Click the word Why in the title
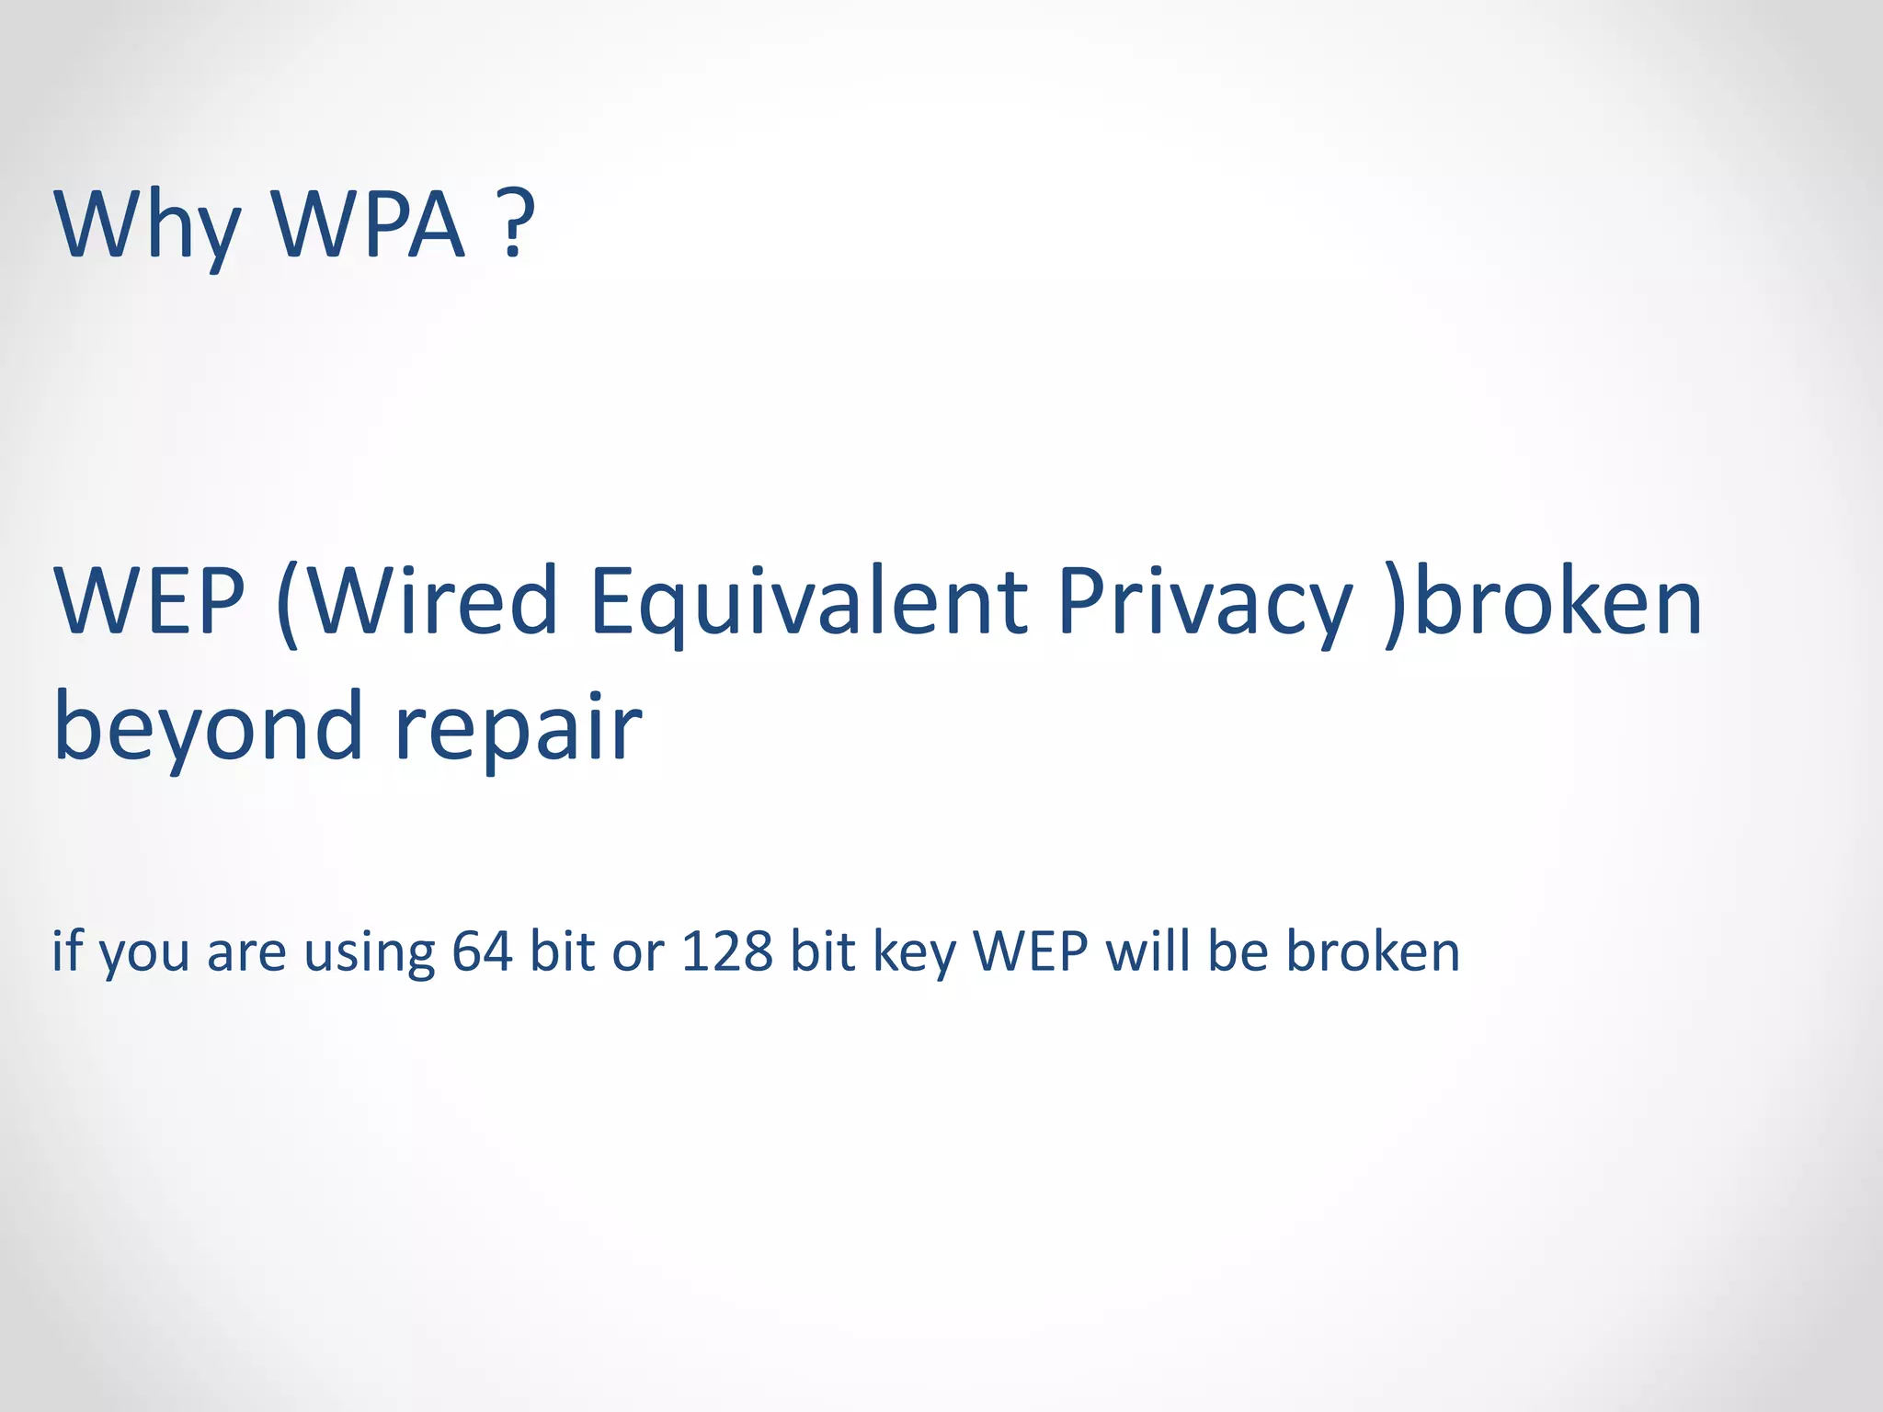(x=147, y=225)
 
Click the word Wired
(x=432, y=602)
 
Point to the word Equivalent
(x=809, y=602)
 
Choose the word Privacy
(x=1204, y=602)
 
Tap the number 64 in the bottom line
(x=482, y=951)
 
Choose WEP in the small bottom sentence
(x=1031, y=951)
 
